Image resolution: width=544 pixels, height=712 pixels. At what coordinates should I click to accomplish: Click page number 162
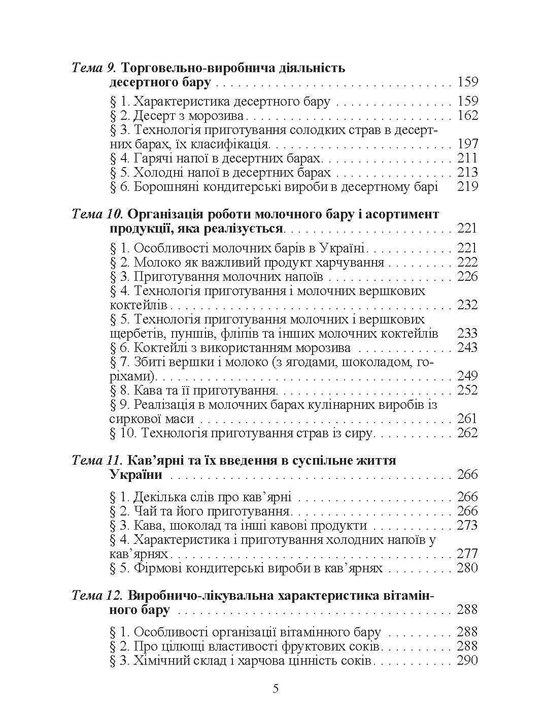(x=467, y=116)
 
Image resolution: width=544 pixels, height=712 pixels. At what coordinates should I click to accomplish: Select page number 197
(x=467, y=144)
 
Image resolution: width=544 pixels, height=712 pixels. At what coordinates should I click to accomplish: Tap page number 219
(x=467, y=187)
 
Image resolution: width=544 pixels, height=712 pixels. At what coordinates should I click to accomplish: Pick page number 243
(x=467, y=348)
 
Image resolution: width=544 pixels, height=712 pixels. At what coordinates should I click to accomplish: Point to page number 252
(x=467, y=391)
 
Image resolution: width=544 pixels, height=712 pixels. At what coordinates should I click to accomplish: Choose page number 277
(x=467, y=554)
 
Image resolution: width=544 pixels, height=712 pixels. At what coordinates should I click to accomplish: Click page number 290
(x=467, y=661)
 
